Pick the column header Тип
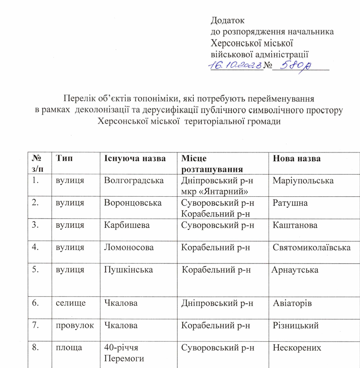[64, 158]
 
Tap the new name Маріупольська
[303, 180]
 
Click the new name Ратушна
[290, 202]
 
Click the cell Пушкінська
[129, 270]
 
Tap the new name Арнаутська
[295, 270]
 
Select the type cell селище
[70, 303]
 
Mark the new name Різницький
[296, 326]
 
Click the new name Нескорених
[297, 348]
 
